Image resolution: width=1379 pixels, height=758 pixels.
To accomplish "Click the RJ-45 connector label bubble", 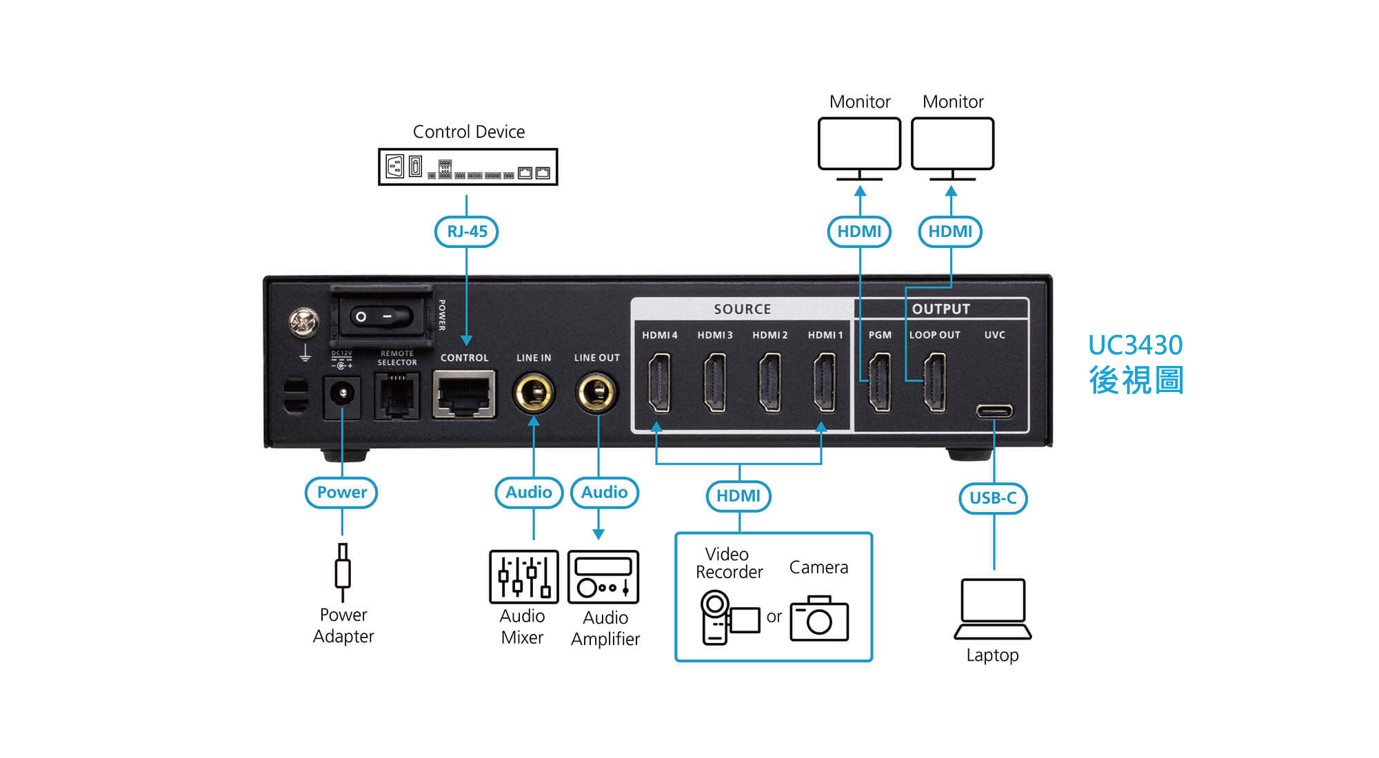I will tap(467, 232).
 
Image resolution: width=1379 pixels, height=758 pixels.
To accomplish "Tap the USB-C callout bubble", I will tap(993, 498).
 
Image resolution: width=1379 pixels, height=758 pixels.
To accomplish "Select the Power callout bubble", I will tap(341, 493).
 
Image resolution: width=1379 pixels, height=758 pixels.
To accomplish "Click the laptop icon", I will tap(993, 609).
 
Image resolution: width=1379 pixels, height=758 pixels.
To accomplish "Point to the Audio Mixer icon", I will tap(524, 577).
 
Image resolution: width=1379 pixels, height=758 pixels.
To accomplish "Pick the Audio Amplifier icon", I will tap(603, 577).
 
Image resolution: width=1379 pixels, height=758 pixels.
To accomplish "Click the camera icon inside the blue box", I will tap(819, 618).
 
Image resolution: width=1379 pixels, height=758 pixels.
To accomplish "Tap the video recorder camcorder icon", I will tap(727, 617).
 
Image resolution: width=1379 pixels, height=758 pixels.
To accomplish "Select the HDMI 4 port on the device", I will tap(659, 382).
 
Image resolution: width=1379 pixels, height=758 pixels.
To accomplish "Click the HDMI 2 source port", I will tap(769, 382).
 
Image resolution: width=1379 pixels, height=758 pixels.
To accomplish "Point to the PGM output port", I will tap(879, 382).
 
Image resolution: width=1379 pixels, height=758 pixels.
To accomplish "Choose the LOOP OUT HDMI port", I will tap(934, 382).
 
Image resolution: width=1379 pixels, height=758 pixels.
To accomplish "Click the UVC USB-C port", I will tap(994, 411).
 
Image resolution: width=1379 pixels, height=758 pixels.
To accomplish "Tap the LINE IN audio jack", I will tap(534, 393).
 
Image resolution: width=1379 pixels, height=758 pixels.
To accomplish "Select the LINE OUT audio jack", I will tap(596, 393).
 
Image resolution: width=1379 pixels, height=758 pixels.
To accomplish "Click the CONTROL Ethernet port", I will tap(464, 394).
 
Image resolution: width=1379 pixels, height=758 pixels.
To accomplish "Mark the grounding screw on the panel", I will tap(303, 322).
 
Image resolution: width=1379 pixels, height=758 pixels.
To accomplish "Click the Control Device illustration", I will tap(468, 167).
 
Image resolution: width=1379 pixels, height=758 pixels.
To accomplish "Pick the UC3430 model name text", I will tap(1135, 345).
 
